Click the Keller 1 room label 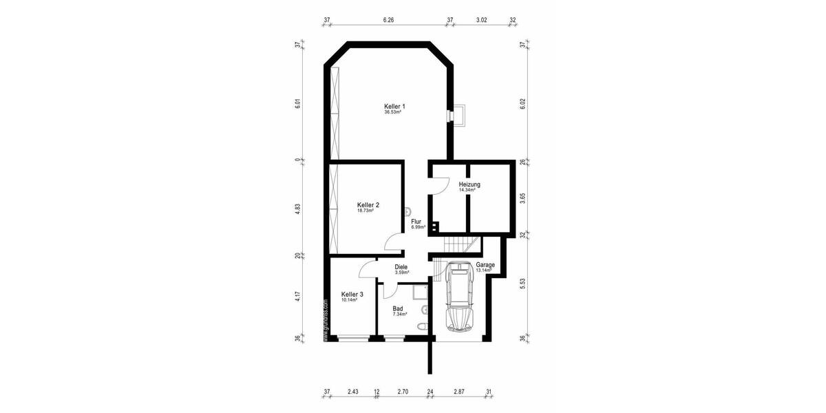[x=394, y=106]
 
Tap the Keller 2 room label [x=368, y=204]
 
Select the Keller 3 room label [x=352, y=294]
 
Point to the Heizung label [x=469, y=184]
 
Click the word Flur [x=416, y=222]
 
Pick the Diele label [x=401, y=267]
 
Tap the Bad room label [x=398, y=309]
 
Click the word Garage [x=485, y=265]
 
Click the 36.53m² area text [x=393, y=112]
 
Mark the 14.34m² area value [x=468, y=191]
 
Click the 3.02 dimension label [x=482, y=21]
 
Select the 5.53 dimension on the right [x=522, y=284]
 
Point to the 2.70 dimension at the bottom [x=403, y=392]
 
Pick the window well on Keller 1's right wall [x=458, y=116]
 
